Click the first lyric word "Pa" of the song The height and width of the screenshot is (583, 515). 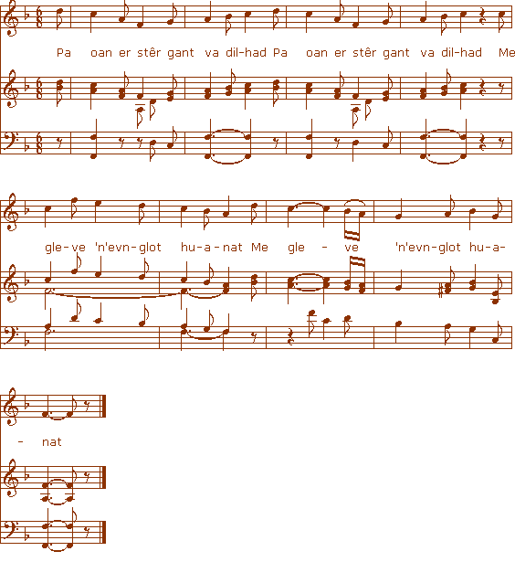click(64, 53)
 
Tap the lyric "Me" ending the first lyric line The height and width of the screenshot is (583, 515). click(507, 53)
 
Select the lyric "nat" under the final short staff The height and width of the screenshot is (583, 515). click(52, 442)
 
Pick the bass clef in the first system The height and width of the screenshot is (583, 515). click(10, 141)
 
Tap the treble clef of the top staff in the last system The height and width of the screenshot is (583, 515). click(9, 406)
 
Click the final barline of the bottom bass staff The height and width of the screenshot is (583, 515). click(104, 532)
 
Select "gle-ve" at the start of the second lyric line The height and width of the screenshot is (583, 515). click(65, 248)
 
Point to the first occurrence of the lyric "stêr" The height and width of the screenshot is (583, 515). click(148, 53)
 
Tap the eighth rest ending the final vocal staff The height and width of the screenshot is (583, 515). click(87, 403)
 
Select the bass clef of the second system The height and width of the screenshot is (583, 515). click(10, 335)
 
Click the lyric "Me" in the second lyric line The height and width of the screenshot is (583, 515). click(259, 248)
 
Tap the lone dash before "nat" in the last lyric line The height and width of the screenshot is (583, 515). click(21, 442)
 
